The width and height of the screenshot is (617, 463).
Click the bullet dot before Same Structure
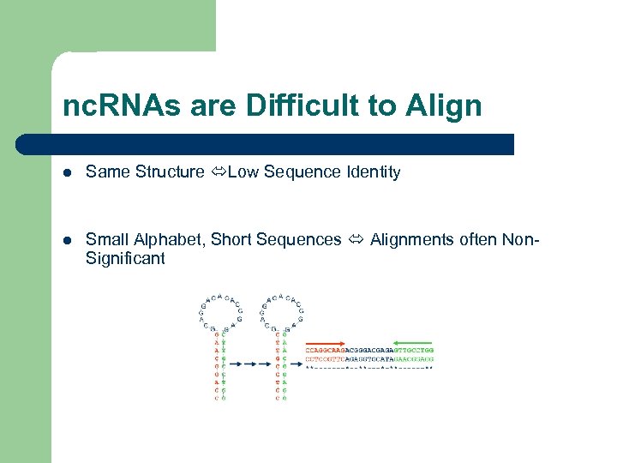67,172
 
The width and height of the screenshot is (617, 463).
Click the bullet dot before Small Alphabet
67,240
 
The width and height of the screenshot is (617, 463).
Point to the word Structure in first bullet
171,172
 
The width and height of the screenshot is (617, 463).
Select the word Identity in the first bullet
373,172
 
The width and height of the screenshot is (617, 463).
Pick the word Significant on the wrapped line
125,258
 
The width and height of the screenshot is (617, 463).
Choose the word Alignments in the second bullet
408,240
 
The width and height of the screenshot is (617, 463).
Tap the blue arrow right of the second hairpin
296,363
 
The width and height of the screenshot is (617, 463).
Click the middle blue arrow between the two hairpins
249,363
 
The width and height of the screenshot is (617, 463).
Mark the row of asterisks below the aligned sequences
369,368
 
